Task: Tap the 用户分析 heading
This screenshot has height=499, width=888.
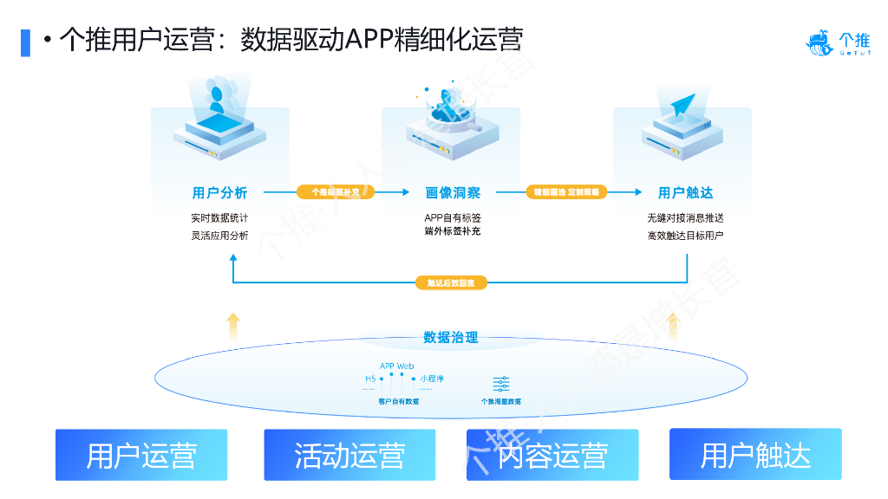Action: (219, 192)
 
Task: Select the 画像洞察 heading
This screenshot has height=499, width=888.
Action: (453, 192)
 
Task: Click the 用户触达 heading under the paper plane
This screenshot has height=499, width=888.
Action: (685, 192)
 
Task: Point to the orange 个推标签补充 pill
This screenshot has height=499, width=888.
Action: (335, 192)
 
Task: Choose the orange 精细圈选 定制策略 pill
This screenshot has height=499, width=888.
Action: (566, 192)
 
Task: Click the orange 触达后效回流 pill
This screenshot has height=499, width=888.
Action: (451, 283)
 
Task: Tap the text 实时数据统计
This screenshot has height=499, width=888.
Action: (219, 217)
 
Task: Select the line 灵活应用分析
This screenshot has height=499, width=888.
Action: (219, 235)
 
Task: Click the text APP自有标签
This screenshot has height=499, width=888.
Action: (453, 217)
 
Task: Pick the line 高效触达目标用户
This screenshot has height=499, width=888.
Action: (685, 235)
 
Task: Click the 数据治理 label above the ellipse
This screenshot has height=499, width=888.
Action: (451, 338)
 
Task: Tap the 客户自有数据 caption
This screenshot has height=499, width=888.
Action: (399, 401)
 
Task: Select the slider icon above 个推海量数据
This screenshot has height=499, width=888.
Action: (501, 385)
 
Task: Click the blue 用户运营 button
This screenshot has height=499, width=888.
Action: (141, 455)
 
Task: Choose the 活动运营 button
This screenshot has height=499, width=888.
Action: (349, 455)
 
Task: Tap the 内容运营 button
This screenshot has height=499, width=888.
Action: (552, 455)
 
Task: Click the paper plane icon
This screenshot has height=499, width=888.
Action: (683, 105)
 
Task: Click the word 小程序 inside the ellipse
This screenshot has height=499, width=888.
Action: (432, 379)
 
